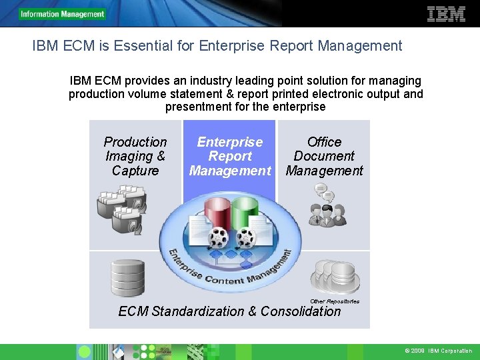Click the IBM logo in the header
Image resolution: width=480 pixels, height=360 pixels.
click(446, 14)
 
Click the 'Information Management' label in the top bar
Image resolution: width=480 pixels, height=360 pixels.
click(63, 14)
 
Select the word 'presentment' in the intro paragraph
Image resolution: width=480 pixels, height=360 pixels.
click(197, 107)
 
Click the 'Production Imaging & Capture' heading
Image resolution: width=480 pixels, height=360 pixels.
click(135, 156)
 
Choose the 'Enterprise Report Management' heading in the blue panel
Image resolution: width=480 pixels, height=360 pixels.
click(230, 156)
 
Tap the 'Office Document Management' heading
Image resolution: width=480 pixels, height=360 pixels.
click(324, 156)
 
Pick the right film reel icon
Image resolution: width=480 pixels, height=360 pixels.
click(246, 236)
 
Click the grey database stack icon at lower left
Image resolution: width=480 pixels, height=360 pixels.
click(127, 277)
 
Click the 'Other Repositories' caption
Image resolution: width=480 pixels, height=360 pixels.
click(335, 301)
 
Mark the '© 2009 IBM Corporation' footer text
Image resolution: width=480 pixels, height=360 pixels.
click(438, 351)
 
